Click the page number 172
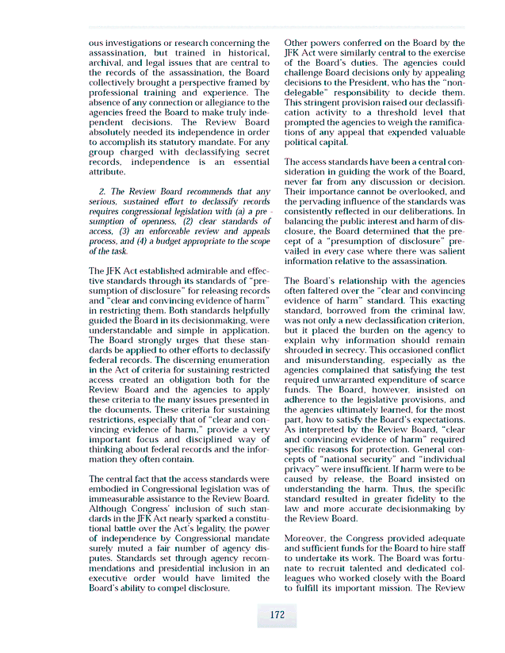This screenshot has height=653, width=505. (277, 614)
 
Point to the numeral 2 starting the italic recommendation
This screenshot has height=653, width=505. (101, 192)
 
